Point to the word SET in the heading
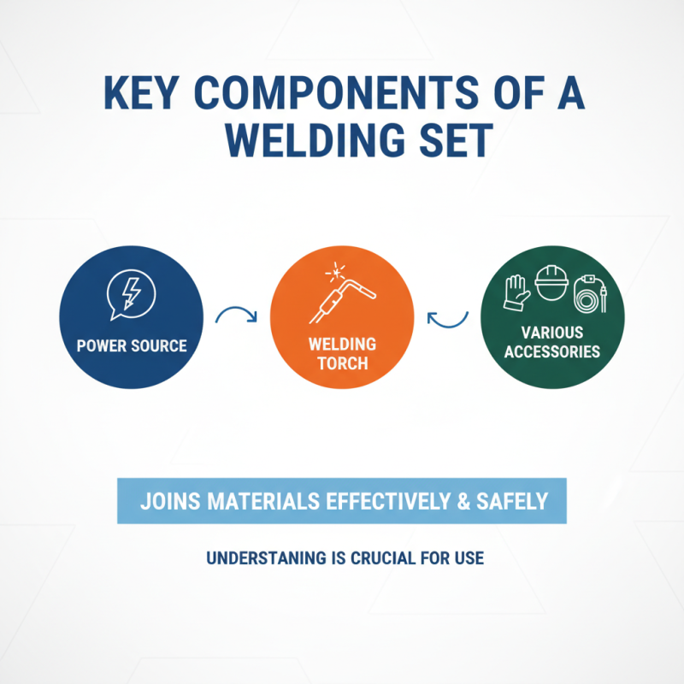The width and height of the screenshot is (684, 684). click(x=451, y=141)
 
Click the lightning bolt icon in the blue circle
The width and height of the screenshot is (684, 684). click(x=130, y=292)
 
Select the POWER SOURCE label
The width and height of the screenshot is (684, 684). click(x=132, y=346)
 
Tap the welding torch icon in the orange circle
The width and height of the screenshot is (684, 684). click(x=341, y=295)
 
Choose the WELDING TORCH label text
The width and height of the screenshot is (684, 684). click(x=342, y=354)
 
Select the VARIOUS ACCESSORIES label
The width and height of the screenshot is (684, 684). click(x=551, y=341)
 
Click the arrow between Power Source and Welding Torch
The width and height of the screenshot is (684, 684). click(x=237, y=316)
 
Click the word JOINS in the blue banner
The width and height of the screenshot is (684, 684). click(x=166, y=500)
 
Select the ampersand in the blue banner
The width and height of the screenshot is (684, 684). click(x=463, y=500)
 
